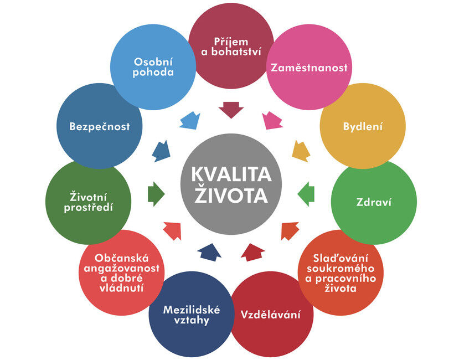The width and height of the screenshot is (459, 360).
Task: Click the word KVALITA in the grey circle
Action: pos(231,174)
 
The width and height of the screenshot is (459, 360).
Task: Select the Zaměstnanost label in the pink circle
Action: pos(309,68)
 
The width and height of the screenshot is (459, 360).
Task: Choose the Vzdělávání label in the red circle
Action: pos(271,315)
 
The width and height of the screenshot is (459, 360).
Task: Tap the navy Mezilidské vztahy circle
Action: pos(191,314)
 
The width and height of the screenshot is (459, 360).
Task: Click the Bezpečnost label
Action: pos(100,126)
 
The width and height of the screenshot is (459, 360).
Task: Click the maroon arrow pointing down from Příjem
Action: pos(231,109)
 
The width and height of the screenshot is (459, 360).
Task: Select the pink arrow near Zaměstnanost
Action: pos(272,120)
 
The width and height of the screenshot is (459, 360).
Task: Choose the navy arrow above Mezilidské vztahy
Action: pos(209,251)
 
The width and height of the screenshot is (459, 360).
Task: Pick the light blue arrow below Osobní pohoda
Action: pos(190,120)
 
